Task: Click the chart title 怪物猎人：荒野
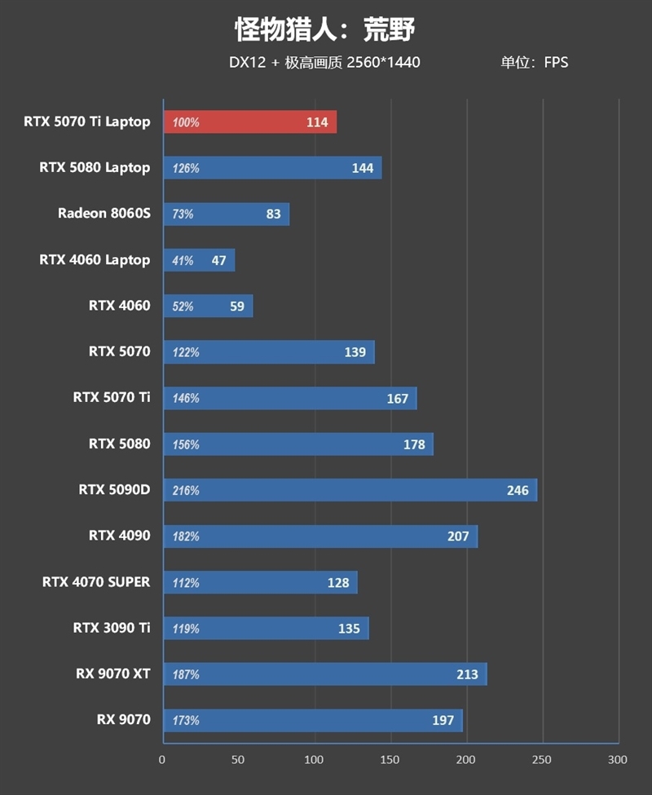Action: coord(325,29)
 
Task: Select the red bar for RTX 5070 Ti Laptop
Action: coord(250,122)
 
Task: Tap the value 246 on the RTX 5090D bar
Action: coord(518,491)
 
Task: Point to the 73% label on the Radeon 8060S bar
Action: coord(183,214)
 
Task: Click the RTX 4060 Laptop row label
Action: coord(95,260)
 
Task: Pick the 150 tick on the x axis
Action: coord(390,760)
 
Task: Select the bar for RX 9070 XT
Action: coord(325,674)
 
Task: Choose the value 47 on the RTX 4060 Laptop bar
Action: coord(218,261)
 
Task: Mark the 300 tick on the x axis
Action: coord(618,760)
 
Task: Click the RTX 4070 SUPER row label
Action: coord(96,582)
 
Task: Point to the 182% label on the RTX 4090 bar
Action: coord(186,537)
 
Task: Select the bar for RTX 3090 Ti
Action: coord(266,629)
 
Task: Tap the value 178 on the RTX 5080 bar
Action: coord(414,444)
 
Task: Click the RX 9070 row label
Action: coord(123,720)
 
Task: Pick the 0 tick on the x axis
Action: coord(162,760)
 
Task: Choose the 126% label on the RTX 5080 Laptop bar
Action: coord(186,169)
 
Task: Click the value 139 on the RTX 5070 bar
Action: coord(355,352)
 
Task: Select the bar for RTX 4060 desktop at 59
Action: coord(208,307)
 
